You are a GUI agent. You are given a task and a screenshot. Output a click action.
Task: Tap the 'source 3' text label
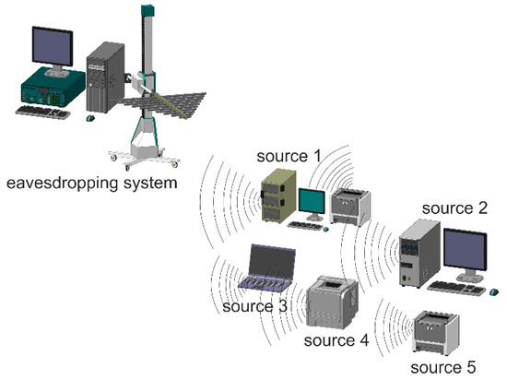click(x=253, y=306)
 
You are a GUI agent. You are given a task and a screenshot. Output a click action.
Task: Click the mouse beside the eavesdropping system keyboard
click(x=90, y=118)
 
